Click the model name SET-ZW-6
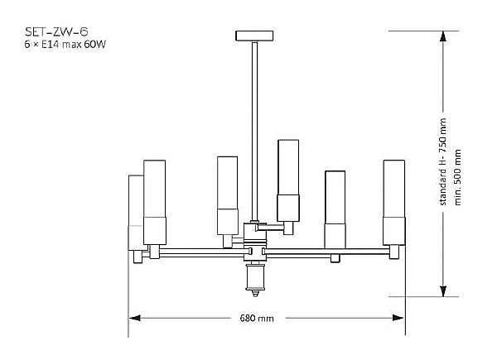point(56,31)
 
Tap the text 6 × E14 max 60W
point(65,45)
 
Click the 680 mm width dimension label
point(257,318)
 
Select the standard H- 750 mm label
point(443,162)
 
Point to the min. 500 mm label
point(458,177)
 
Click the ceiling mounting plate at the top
point(254,36)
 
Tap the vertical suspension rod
point(254,132)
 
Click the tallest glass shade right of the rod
point(288,180)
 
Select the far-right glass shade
point(394,203)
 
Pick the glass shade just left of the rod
point(228,195)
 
